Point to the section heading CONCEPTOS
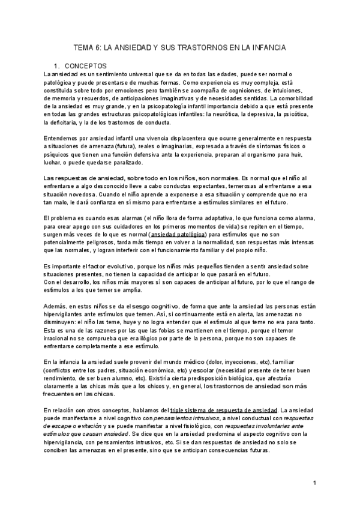pos(86,65)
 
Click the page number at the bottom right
pos(315,483)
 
